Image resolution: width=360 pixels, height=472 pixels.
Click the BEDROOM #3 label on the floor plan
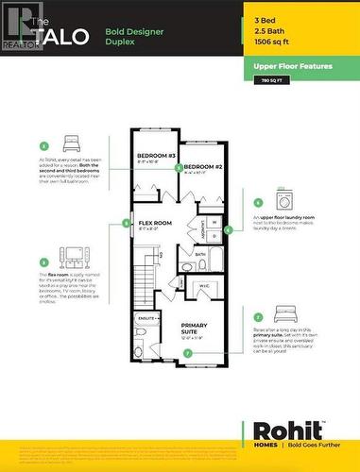click(x=157, y=156)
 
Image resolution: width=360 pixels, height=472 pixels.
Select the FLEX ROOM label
click(x=156, y=224)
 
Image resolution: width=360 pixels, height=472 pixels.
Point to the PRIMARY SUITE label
click(x=199, y=328)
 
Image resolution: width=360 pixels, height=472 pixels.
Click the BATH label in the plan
click(x=200, y=254)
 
